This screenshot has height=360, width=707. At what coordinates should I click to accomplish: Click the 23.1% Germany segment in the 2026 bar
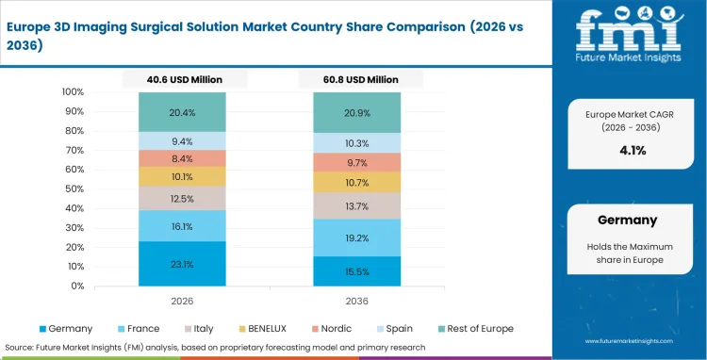[x=182, y=265]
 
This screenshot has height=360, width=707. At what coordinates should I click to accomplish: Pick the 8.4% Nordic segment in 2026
[x=182, y=158]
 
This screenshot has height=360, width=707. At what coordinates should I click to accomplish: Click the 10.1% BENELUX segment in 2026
[x=182, y=176]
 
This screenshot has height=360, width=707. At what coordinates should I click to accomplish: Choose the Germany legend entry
[x=67, y=328]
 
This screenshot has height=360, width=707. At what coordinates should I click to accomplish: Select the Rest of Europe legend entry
[x=480, y=328]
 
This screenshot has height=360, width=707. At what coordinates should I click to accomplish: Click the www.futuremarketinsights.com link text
[x=631, y=341]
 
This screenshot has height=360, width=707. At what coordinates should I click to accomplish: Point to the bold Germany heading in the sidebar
[x=627, y=221]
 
